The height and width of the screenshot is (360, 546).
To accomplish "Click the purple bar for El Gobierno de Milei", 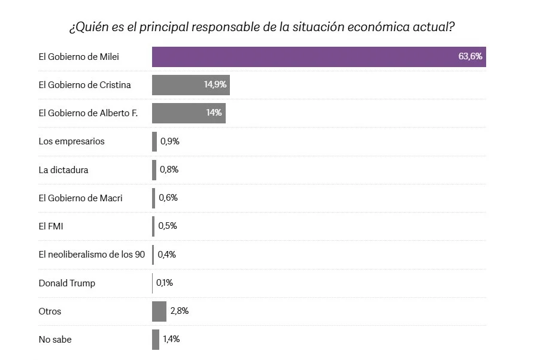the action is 319,57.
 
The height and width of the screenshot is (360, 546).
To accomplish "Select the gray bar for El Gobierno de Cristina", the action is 191,85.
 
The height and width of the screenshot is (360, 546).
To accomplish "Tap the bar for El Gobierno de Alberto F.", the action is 189,113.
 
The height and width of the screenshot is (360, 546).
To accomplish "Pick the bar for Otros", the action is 159,311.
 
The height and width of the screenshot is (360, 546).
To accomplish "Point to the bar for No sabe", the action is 156,340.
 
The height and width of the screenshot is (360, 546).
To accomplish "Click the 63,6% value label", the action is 470,56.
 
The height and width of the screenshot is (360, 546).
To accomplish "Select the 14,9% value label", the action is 215,84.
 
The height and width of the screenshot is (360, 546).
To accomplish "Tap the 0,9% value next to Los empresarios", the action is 170,141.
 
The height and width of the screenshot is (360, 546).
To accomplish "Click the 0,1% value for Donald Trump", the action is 165,283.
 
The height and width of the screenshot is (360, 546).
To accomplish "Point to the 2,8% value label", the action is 180,311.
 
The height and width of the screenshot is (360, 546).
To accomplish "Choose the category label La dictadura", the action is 63,170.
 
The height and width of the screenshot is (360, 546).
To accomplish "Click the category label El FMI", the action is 51,226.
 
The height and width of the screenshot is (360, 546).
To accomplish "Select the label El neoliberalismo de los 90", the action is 92,255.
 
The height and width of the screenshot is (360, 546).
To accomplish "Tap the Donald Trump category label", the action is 67,283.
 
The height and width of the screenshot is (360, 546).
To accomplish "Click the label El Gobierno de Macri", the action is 80,198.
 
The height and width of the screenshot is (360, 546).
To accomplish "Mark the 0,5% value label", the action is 168,226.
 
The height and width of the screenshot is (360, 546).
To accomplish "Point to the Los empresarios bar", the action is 154,141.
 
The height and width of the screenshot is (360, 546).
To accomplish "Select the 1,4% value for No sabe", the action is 171,340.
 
